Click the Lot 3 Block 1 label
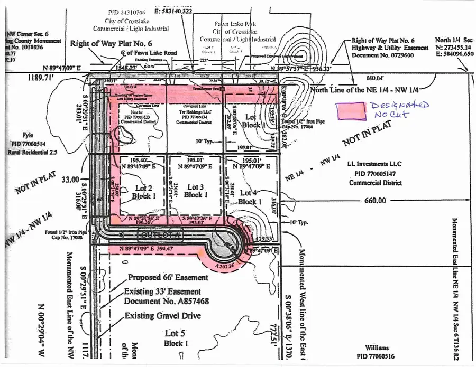click(193, 191)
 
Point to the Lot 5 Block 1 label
click(176, 338)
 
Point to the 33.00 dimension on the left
click(70, 180)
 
